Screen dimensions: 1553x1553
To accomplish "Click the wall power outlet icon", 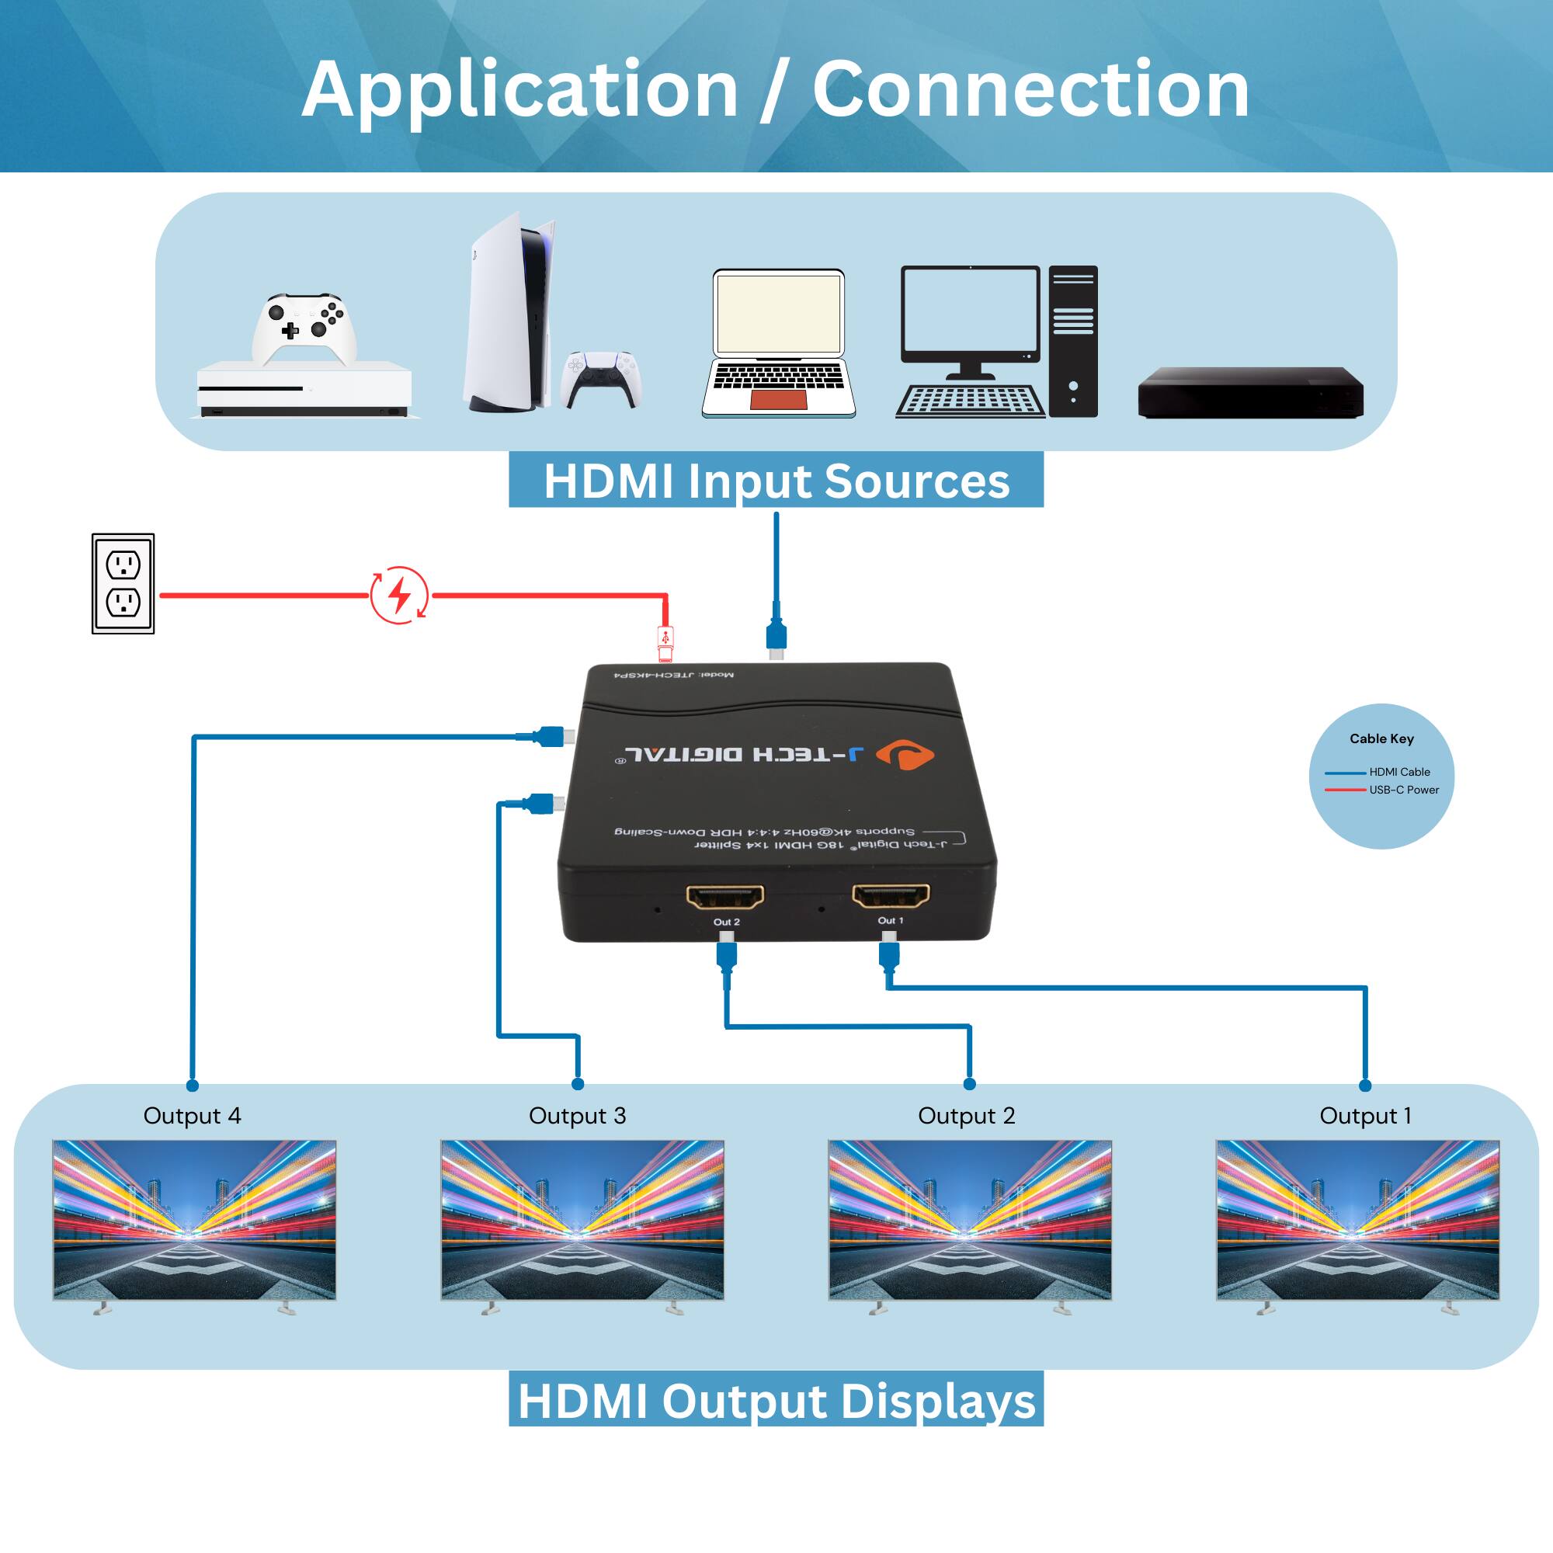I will click(x=123, y=584).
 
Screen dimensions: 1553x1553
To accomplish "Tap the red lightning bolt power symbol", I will click(x=399, y=596).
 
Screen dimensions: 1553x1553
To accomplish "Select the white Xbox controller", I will click(x=304, y=328).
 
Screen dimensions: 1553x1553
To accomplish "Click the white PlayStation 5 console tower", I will click(x=506, y=314).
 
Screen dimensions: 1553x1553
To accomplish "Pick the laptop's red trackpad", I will click(x=777, y=399).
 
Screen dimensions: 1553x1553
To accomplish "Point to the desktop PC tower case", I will click(x=1073, y=341).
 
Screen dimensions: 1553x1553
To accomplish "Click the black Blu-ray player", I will click(x=1250, y=392).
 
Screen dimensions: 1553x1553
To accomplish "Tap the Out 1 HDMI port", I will click(x=891, y=895).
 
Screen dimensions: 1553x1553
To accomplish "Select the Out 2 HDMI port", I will click(x=725, y=896).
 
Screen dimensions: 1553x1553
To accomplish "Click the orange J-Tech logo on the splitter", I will click(x=905, y=755).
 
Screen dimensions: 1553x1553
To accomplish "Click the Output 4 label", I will click(x=192, y=1116).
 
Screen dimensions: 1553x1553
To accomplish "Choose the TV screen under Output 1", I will click(x=1357, y=1218).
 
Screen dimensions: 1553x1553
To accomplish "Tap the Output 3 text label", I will click(x=577, y=1116).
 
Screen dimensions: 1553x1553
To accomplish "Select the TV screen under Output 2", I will click(x=969, y=1218).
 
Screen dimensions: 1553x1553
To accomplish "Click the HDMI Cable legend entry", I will click(x=1398, y=772).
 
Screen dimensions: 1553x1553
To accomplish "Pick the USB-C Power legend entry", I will click(x=1403, y=790).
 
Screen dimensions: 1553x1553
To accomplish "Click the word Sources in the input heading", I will click(x=916, y=481).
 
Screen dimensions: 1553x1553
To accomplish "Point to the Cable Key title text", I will click(x=1381, y=738).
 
